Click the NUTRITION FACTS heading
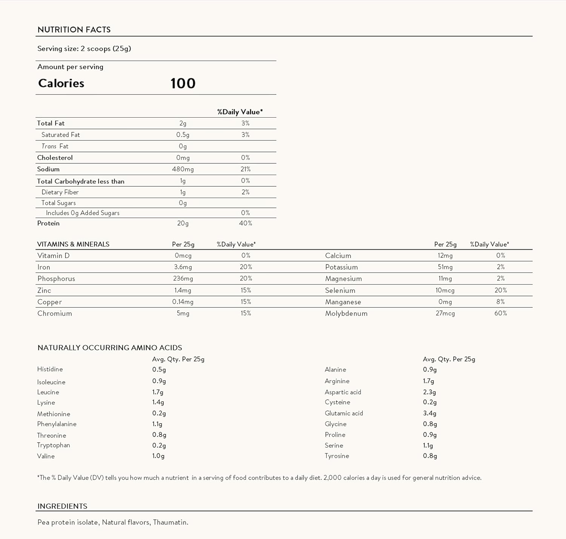click(x=74, y=30)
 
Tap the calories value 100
click(x=183, y=83)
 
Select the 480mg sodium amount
click(x=183, y=169)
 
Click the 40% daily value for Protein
click(x=245, y=223)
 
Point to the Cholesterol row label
click(x=55, y=158)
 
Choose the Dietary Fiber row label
click(x=60, y=192)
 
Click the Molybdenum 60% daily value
click(x=500, y=313)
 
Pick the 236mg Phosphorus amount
click(x=183, y=279)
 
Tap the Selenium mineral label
click(x=340, y=290)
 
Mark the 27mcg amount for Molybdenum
click(x=445, y=313)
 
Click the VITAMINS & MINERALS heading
click(x=73, y=244)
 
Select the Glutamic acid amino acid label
click(x=344, y=413)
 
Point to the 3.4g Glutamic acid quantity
click(x=429, y=413)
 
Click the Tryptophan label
click(x=54, y=445)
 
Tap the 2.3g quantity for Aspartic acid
click(x=429, y=392)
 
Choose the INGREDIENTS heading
click(x=62, y=506)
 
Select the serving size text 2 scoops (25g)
click(x=106, y=49)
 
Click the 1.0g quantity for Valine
click(x=158, y=456)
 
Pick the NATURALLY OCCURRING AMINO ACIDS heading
click(x=110, y=348)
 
